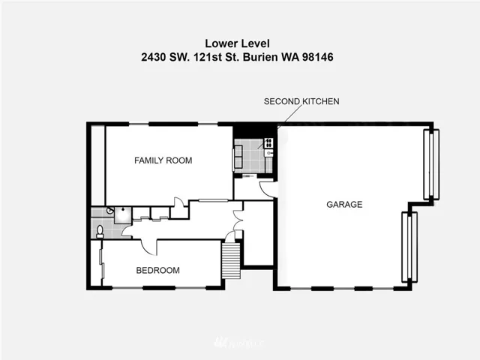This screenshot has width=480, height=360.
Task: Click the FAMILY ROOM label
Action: pos(163,160)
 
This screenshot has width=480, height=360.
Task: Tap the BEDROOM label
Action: pos(158,270)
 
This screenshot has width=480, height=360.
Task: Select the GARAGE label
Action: pos(344,204)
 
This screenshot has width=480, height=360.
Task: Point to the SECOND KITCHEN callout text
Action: pos(301,101)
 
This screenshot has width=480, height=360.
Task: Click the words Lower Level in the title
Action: pos(237,43)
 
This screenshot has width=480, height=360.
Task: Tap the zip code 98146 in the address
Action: pos(318,57)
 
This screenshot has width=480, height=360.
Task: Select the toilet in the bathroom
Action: pos(100,232)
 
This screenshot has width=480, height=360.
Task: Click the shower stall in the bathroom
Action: pos(123,215)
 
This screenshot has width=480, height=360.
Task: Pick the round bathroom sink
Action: pos(110,210)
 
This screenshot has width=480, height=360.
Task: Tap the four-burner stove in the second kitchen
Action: pos(268,143)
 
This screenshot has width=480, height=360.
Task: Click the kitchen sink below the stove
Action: pos(269,153)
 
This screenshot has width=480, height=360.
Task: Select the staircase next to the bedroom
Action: pos(231,260)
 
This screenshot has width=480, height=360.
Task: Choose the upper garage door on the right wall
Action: pos(431,164)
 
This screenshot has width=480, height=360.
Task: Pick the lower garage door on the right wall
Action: pos(409,247)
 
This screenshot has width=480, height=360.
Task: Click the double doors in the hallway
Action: pos(238,220)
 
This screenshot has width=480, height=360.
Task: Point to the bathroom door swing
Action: pos(127,231)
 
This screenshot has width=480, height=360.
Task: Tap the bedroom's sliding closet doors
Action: pos(102,263)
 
